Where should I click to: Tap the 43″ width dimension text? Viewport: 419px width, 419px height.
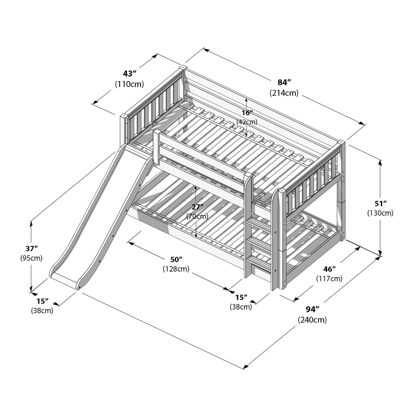click(x=129, y=73)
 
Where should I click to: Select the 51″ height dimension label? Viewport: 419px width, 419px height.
click(x=380, y=203)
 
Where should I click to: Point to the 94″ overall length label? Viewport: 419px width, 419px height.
click(x=312, y=309)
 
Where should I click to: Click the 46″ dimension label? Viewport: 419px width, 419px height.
click(x=329, y=269)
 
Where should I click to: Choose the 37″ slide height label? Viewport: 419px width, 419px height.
click(x=32, y=248)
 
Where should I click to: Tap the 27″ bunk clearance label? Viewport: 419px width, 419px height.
click(x=197, y=206)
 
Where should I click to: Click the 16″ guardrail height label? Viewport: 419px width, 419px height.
click(x=247, y=113)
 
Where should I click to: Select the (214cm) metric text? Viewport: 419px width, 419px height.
click(x=284, y=93)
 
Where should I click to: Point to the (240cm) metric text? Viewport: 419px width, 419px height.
click(x=312, y=320)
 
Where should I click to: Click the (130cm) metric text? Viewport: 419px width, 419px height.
click(x=380, y=213)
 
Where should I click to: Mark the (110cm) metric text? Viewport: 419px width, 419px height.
click(x=129, y=84)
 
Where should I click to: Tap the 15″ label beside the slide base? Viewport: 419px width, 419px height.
click(x=43, y=301)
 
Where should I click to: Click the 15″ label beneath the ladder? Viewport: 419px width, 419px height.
click(x=241, y=297)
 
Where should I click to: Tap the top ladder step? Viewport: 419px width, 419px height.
click(x=259, y=223)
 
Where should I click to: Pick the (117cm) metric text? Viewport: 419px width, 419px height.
click(x=329, y=279)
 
